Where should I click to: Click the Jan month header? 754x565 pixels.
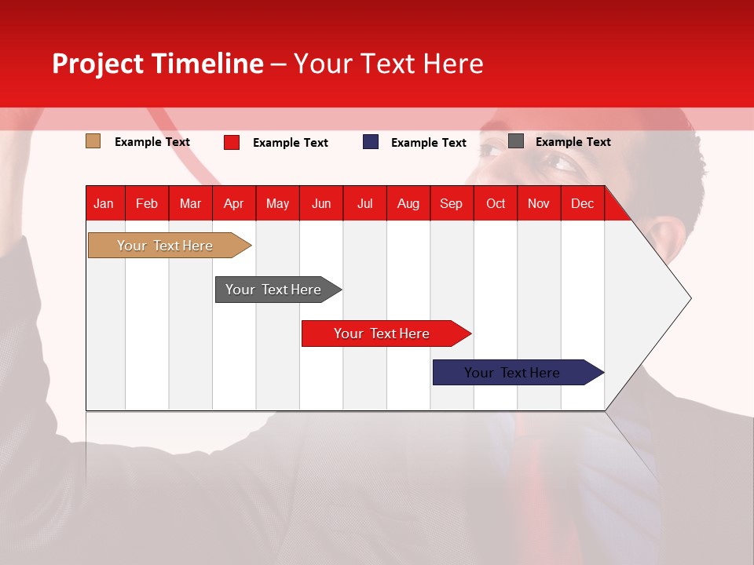coord(104,203)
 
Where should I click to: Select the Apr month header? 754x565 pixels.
coord(233,203)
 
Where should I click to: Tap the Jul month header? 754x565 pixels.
coord(364,203)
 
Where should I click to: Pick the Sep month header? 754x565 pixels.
coord(451,203)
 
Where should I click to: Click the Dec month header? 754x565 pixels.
coord(582,203)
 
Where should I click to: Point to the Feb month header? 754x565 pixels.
coord(147,203)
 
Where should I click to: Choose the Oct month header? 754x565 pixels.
coord(496,203)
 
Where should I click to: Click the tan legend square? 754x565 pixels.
coord(93,141)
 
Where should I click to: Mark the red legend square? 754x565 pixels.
coord(231,142)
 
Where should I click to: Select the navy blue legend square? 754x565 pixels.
coord(371,142)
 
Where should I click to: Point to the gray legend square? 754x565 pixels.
coord(515,141)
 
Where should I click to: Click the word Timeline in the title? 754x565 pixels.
coord(207,64)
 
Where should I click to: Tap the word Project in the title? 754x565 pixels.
coord(99,64)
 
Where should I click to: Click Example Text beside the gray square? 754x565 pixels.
coord(573,142)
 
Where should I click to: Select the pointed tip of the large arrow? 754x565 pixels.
coord(690,298)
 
